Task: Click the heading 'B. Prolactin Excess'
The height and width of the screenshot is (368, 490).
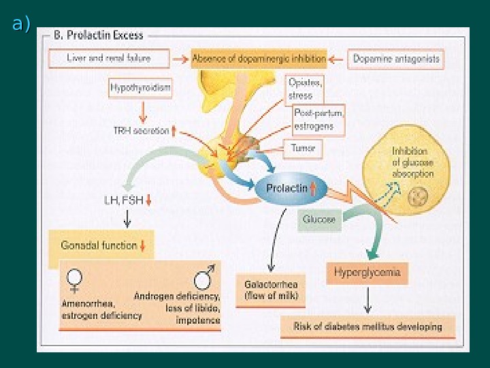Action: pos(99,36)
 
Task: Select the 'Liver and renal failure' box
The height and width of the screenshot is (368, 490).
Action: pos(109,59)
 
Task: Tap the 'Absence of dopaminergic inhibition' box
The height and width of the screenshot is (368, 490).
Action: pos(259,59)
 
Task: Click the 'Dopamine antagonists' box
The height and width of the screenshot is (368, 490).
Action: pos(396,59)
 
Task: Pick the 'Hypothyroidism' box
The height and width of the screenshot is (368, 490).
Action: pos(140,89)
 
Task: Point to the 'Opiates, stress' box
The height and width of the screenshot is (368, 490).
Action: pos(305,89)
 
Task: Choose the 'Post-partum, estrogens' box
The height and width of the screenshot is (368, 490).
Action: pos(318,120)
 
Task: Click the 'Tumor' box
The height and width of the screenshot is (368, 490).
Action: pos(302,147)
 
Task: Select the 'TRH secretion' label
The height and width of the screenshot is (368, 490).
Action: pos(144,131)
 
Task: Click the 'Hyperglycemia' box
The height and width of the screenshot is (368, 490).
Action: pos(367,273)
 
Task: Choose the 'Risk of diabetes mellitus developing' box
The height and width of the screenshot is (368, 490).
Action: pos(367,326)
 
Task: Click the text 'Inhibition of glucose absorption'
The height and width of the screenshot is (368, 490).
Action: pos(412,164)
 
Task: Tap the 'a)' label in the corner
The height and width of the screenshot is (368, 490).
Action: pos(21,25)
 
